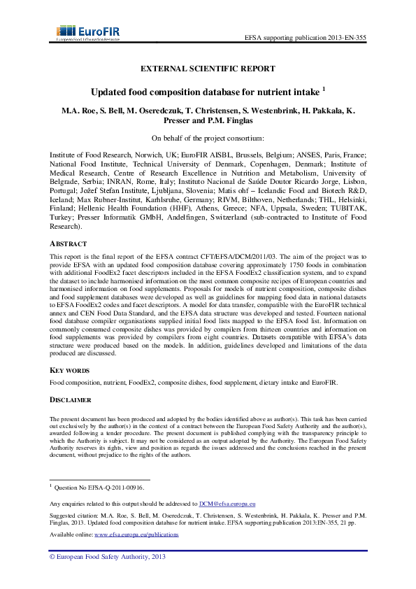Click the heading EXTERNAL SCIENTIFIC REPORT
coord(208,69)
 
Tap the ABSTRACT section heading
coord(68,244)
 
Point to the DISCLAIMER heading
coord(71,399)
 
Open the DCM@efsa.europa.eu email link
coord(227,504)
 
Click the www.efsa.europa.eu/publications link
coord(136,534)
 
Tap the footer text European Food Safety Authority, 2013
coord(106,557)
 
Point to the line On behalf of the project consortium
coord(208,138)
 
